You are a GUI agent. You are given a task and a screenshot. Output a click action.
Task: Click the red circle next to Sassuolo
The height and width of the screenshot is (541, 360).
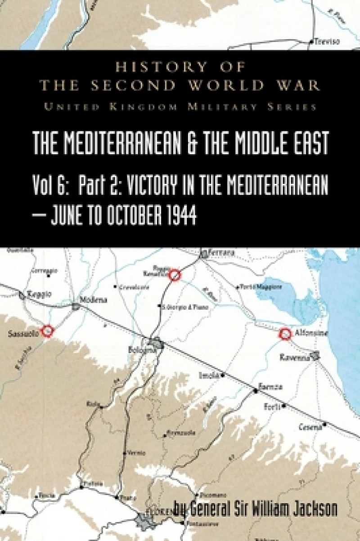47,331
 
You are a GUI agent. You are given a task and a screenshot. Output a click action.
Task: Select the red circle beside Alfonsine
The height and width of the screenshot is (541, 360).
285,334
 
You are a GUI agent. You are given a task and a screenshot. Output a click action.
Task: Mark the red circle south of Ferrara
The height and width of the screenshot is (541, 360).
175,275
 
